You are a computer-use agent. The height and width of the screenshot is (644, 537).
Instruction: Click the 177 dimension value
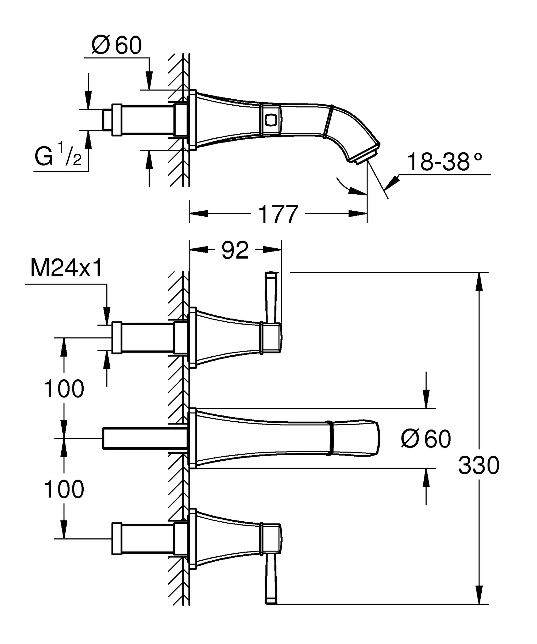(278, 214)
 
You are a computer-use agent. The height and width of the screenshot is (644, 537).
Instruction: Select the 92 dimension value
(235, 251)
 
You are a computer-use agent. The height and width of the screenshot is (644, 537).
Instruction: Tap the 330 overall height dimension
(479, 465)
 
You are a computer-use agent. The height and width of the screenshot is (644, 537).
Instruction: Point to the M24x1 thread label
(66, 269)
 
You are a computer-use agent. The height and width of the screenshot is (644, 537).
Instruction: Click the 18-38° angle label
(445, 162)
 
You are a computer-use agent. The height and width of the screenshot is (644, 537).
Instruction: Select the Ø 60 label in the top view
(117, 45)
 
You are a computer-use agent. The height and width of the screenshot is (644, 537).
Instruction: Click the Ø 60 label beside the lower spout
(426, 439)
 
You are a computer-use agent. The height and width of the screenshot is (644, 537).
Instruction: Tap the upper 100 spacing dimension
(64, 389)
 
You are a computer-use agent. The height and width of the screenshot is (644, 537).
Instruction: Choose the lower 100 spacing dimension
(64, 489)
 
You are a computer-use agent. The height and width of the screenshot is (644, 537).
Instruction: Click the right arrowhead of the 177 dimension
(358, 214)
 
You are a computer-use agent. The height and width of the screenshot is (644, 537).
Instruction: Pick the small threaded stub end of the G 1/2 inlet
(107, 119)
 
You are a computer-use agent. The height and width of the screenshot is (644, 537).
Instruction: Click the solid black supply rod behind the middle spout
(145, 438)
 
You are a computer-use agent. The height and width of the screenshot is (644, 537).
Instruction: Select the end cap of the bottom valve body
(117, 539)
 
